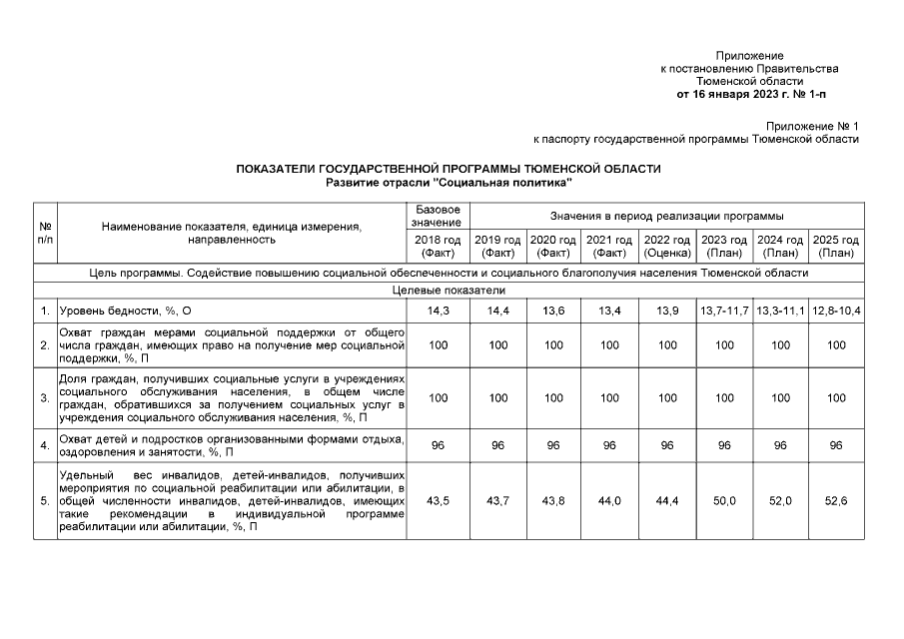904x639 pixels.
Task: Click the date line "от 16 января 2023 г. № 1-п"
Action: click(x=750, y=95)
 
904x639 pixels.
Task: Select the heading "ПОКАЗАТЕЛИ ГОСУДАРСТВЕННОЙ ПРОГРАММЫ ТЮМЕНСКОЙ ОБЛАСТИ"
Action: click(x=448, y=170)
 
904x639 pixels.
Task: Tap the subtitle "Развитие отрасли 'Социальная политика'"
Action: click(x=448, y=183)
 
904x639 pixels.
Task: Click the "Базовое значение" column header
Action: click(x=438, y=216)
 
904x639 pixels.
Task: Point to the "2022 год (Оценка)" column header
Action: click(x=667, y=247)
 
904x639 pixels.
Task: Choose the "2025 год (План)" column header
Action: click(x=836, y=247)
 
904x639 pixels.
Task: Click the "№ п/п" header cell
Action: click(x=45, y=233)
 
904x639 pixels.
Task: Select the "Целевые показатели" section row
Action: click(x=448, y=291)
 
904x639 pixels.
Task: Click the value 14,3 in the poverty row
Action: click(x=438, y=312)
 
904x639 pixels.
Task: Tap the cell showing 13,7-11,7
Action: click(x=724, y=312)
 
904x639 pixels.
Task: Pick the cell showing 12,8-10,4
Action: click(x=836, y=312)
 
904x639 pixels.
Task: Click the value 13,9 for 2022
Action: click(x=667, y=312)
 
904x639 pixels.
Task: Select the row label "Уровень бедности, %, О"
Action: click(x=122, y=312)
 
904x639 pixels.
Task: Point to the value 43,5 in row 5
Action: click(x=438, y=500)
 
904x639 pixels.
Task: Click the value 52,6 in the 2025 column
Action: click(x=836, y=500)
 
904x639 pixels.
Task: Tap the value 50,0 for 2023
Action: click(x=724, y=500)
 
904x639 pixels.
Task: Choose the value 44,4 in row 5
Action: click(x=667, y=500)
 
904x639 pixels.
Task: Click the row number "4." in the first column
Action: click(x=45, y=445)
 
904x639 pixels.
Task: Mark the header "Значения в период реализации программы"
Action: click(x=667, y=216)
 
